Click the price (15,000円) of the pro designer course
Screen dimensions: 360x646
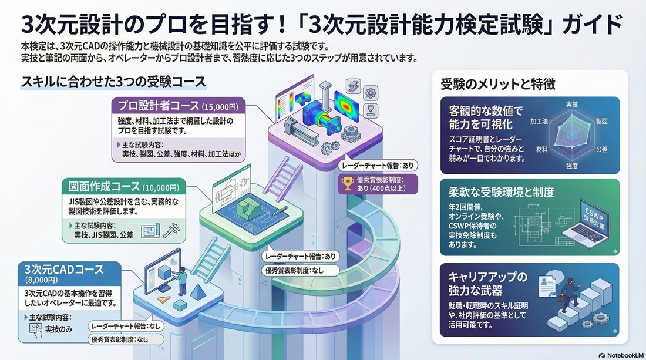click(220, 107)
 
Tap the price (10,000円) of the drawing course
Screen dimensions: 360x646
click(165, 187)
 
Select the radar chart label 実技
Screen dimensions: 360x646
click(571, 104)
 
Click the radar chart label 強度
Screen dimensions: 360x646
click(571, 165)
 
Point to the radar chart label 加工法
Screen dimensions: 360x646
click(539, 121)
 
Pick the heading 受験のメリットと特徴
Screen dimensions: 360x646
click(498, 85)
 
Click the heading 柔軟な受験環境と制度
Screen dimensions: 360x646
click(502, 193)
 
